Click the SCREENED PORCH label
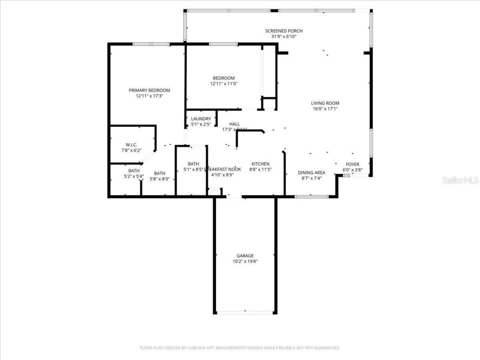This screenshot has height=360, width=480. click(x=283, y=31)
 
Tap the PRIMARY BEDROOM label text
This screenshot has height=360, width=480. click(x=149, y=90)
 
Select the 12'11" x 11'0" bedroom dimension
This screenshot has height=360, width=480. click(x=224, y=84)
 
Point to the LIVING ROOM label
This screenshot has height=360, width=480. click(x=325, y=103)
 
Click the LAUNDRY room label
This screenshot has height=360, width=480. click(x=201, y=119)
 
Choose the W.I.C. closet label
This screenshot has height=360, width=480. click(x=131, y=145)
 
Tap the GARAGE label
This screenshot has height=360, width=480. click(x=245, y=256)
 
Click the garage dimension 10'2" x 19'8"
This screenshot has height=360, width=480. click(x=245, y=262)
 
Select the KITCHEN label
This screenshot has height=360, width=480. click(x=260, y=164)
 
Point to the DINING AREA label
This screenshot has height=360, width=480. click(x=311, y=173)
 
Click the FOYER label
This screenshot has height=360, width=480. click(x=352, y=164)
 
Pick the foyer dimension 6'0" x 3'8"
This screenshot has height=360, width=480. click(x=352, y=170)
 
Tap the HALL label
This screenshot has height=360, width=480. click(x=234, y=124)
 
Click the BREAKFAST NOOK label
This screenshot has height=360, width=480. click(x=223, y=169)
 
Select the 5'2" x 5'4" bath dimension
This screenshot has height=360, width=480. click(x=134, y=176)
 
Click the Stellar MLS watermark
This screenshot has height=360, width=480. click(x=460, y=180)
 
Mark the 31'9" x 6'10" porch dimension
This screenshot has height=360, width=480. click(x=283, y=37)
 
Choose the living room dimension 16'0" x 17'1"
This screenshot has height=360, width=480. click(x=325, y=109)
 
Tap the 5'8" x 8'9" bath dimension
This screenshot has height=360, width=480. click(x=160, y=179)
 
